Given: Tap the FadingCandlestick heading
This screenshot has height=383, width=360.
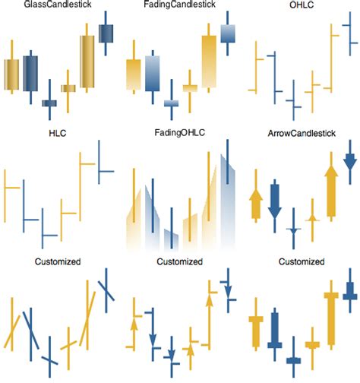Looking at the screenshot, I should click(179, 6).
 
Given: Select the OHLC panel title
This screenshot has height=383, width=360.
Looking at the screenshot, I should click(300, 6).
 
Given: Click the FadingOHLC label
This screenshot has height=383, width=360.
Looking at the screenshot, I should click(179, 134).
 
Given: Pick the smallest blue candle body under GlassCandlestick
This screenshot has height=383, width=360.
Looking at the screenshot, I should click(49, 103).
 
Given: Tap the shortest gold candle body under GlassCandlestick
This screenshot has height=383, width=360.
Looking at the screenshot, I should click(68, 88).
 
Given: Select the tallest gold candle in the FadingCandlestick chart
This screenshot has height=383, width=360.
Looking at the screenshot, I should click(209, 63).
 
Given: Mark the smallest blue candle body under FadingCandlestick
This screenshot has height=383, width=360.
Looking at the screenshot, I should click(171, 103).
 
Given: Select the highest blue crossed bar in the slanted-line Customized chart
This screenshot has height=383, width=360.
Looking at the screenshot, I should click(106, 289).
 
